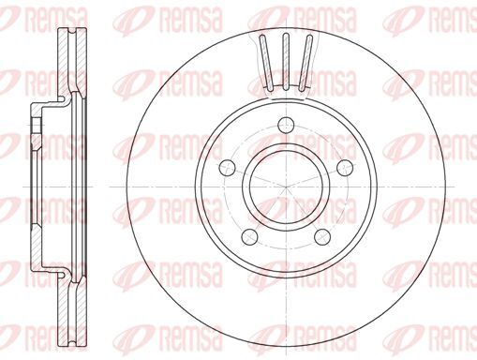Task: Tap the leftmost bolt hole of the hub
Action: [226, 168]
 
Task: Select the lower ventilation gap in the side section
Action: [68, 305]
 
